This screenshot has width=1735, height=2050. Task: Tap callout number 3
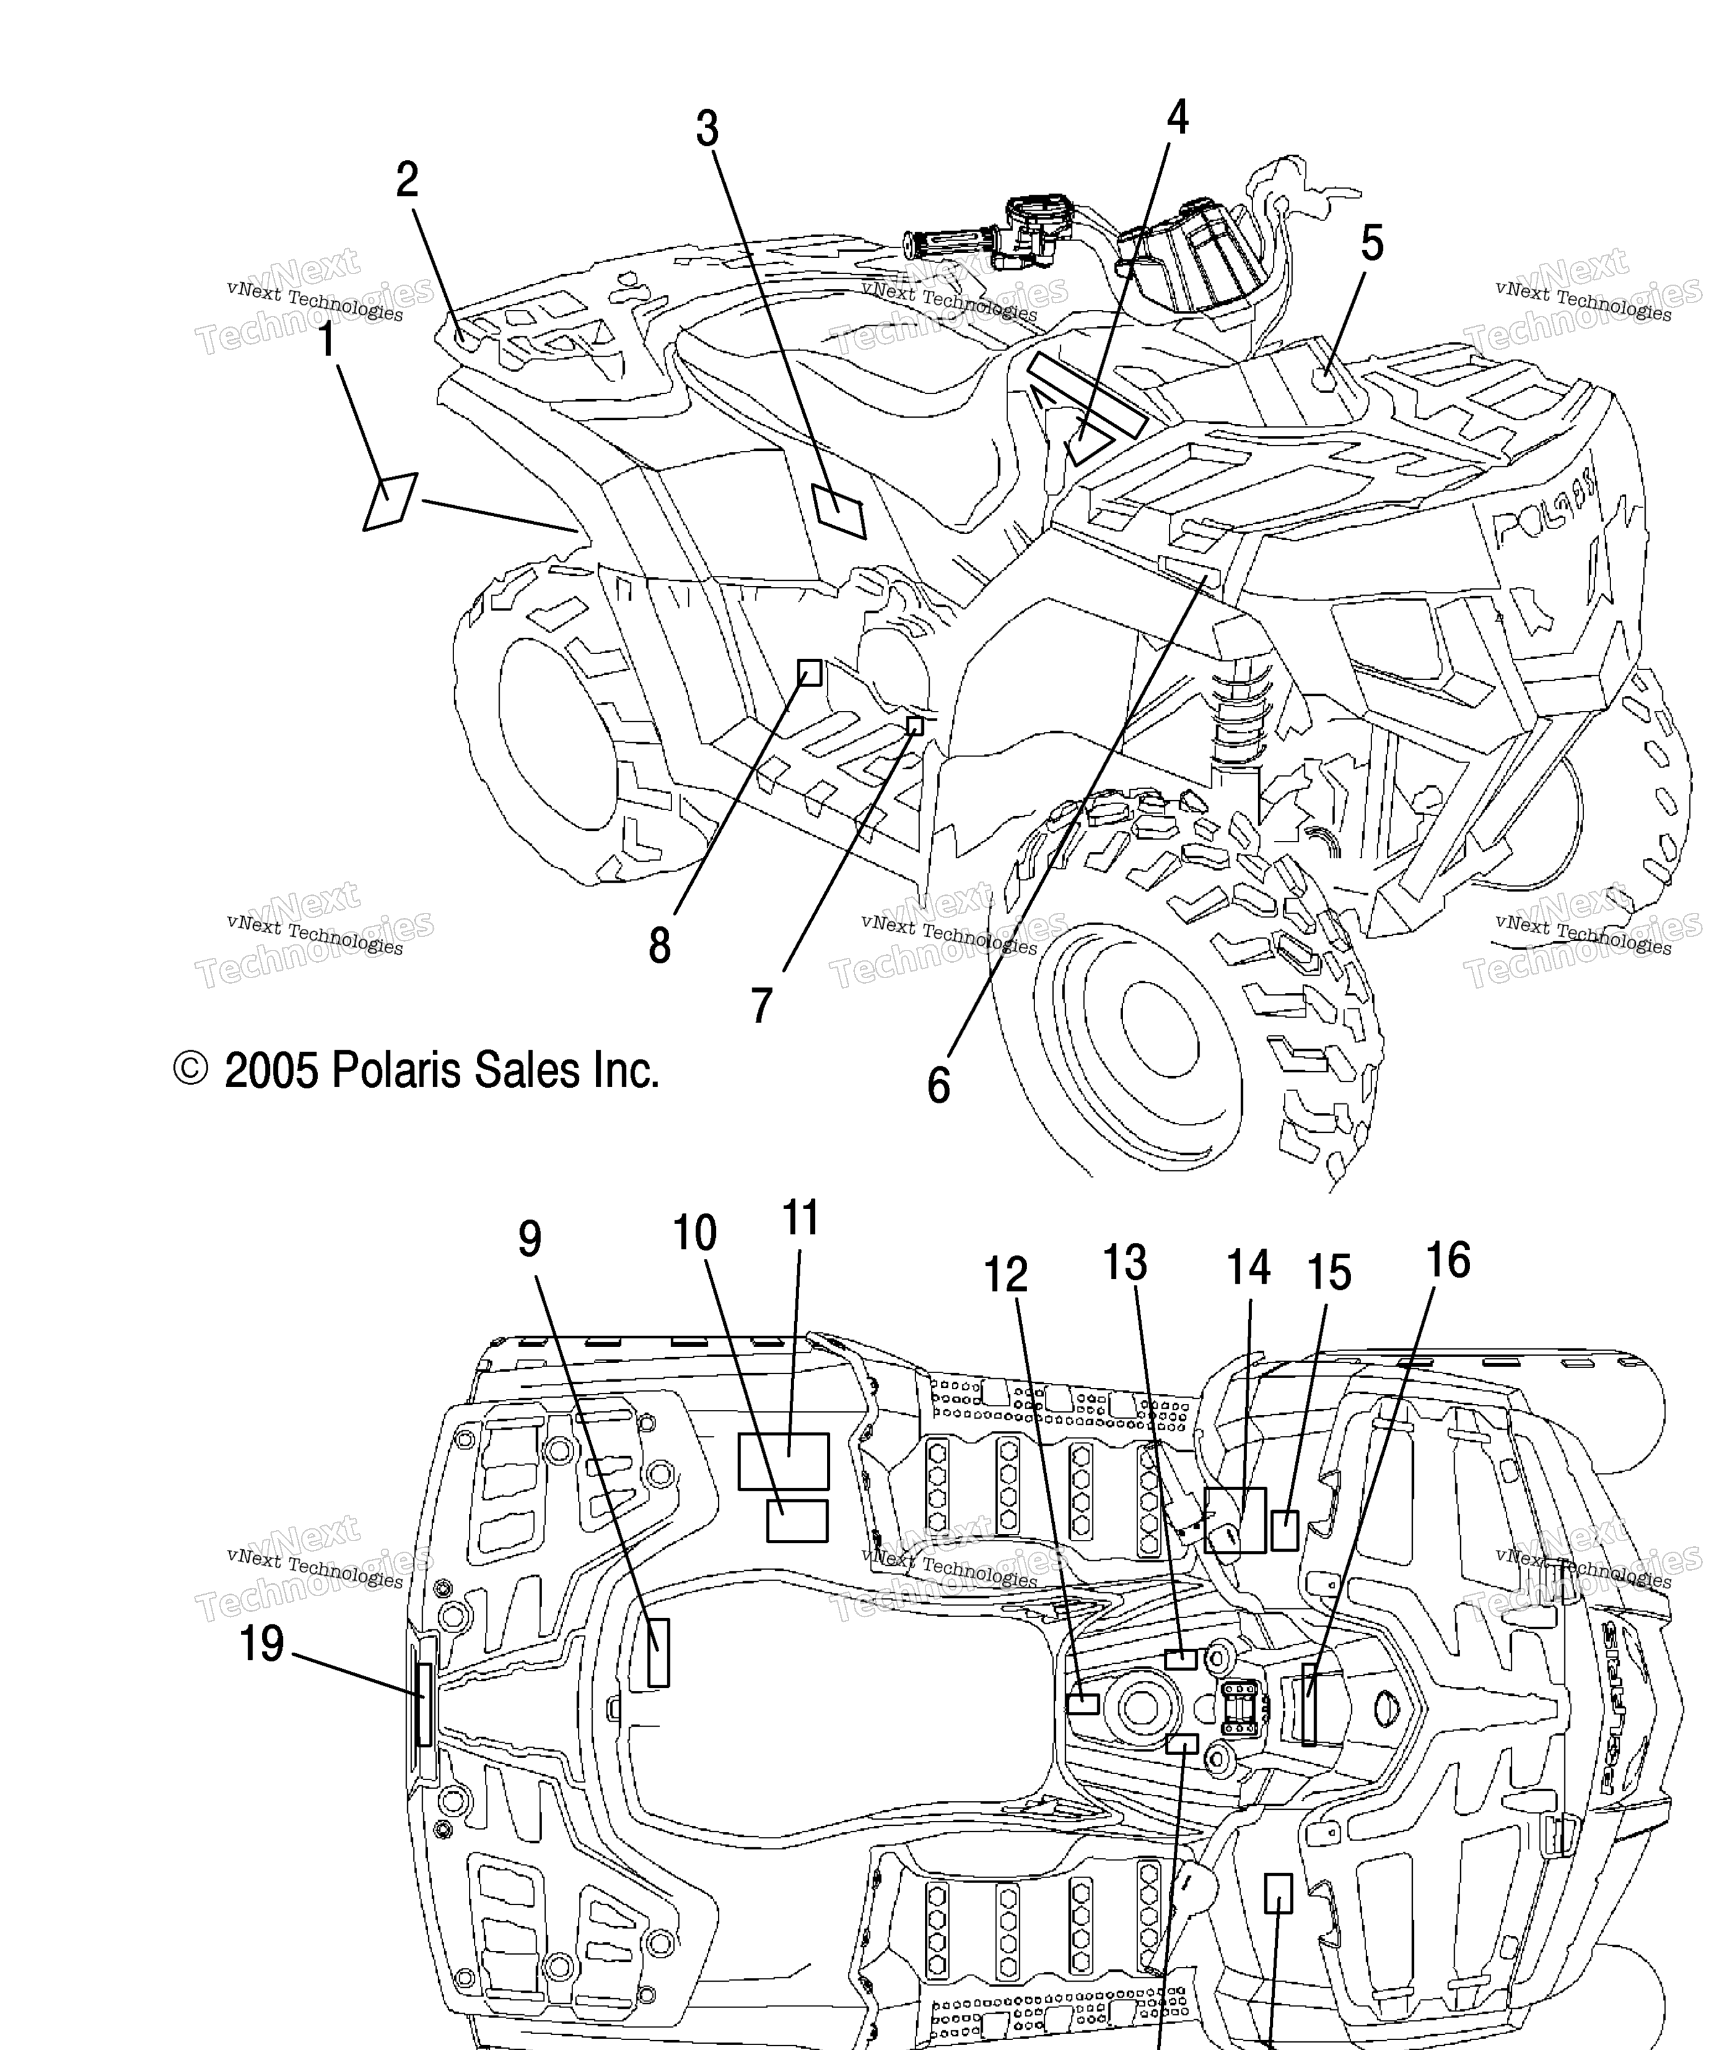[707, 129]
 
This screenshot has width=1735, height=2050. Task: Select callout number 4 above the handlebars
[1177, 118]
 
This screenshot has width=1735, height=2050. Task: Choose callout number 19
[262, 1644]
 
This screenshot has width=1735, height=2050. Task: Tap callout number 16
[1448, 1260]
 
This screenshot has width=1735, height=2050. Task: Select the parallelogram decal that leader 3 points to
[839, 510]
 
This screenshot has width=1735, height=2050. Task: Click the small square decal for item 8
[810, 673]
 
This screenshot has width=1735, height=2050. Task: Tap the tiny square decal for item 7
[915, 726]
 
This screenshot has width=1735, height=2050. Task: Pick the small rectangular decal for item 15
[1285, 1531]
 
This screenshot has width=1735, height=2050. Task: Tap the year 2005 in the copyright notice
[272, 1071]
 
